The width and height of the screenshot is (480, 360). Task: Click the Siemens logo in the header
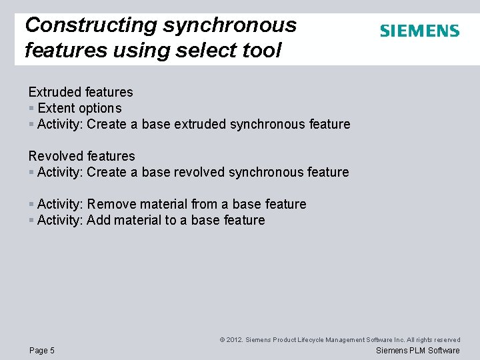[419, 31]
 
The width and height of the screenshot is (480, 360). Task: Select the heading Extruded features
[81, 92]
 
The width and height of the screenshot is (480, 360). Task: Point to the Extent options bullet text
[79, 108]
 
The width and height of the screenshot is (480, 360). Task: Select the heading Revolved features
[81, 156]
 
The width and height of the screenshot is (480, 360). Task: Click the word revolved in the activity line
[199, 172]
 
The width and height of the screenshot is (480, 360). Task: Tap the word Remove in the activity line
[110, 204]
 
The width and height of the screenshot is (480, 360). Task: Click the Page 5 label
[41, 351]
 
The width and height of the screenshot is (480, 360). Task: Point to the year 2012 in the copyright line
[234, 340]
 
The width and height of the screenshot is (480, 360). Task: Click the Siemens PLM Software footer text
[417, 351]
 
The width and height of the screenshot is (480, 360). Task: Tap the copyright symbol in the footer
[222, 340]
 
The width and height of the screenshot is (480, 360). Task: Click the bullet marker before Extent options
[31, 108]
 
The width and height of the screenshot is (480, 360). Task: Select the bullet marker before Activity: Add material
[31, 220]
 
